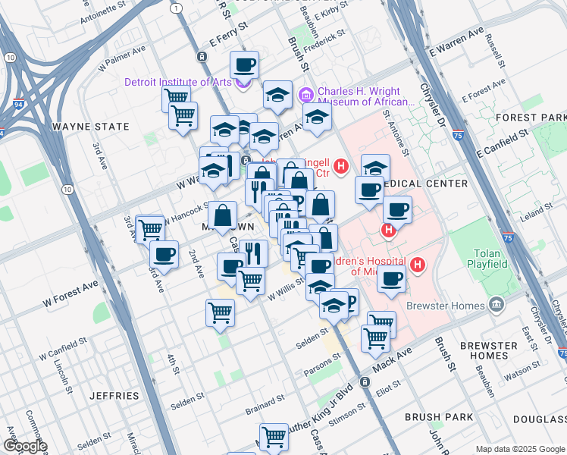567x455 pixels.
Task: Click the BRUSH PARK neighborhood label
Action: tap(439, 416)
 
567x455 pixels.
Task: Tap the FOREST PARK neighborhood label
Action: tap(540, 118)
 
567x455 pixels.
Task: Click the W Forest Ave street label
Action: tap(70, 293)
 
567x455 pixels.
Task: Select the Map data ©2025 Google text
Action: tap(518, 449)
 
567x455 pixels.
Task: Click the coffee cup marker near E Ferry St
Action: tap(244, 64)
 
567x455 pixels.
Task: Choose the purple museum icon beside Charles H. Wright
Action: tap(306, 95)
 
